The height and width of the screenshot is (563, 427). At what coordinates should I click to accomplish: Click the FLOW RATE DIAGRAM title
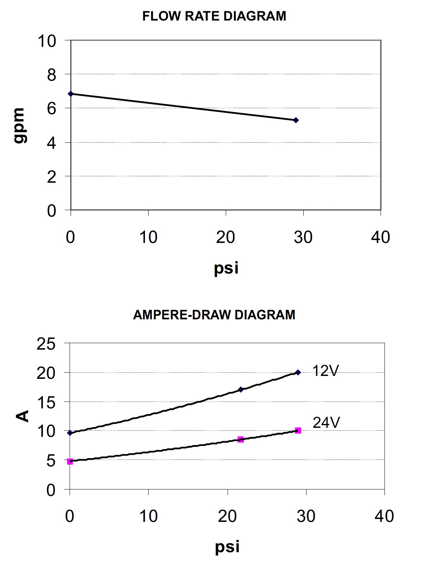(214, 16)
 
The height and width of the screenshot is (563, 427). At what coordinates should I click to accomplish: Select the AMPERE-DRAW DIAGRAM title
(214, 315)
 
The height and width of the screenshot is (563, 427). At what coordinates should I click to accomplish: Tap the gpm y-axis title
(20, 125)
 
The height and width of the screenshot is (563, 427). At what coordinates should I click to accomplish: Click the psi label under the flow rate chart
(226, 268)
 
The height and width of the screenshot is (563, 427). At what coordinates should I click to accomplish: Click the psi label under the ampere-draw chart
(227, 547)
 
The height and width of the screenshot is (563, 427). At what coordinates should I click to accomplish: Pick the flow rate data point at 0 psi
(71, 94)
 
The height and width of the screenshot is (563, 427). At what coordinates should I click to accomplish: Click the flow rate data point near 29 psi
(296, 120)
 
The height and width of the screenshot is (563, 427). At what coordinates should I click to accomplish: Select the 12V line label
(326, 371)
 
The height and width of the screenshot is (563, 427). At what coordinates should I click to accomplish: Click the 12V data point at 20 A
(298, 372)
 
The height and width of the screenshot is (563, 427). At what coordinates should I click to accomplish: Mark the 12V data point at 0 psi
(70, 433)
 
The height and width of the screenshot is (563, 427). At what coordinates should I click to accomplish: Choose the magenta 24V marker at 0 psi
(70, 461)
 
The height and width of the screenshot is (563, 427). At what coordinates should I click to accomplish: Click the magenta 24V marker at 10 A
(298, 430)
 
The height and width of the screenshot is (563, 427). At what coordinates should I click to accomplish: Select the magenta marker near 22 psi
(241, 439)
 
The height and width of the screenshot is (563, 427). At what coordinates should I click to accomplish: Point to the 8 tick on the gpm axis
(52, 74)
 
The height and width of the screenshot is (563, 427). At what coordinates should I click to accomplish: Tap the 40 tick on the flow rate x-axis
(381, 237)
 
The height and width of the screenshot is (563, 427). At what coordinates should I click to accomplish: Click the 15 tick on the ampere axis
(46, 402)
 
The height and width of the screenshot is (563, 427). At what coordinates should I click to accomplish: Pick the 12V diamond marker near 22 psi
(241, 390)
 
